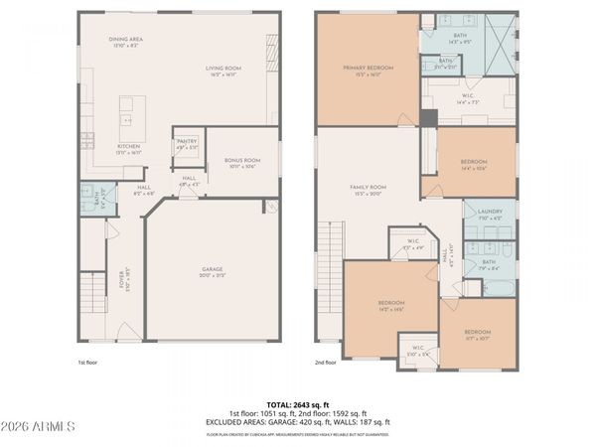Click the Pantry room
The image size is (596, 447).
[187, 145]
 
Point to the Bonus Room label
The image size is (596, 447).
[241, 163]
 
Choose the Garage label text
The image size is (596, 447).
[211, 271]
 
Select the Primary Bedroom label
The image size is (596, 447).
[368, 71]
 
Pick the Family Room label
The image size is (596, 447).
[368, 191]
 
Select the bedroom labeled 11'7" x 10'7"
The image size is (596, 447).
[478, 335]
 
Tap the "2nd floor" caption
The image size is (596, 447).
[326, 364]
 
